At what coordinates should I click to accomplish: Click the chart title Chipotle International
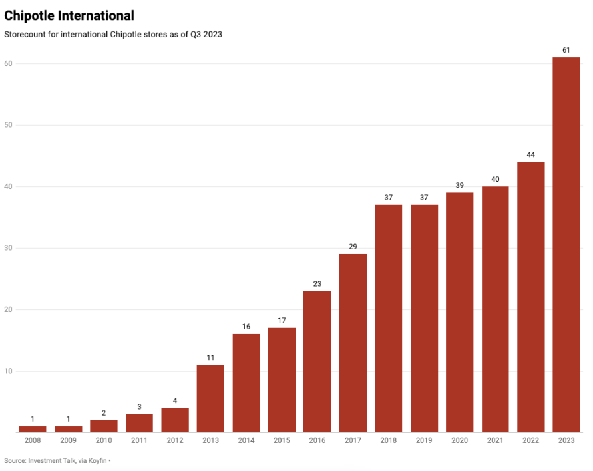(69, 15)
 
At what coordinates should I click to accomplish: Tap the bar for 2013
(210, 398)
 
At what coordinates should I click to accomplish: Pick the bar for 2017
(353, 343)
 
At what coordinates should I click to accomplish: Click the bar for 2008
(33, 429)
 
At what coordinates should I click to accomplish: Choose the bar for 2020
(459, 313)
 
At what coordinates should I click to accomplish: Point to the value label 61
(566, 50)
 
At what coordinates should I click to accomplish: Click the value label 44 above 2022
(530, 154)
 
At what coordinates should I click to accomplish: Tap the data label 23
(317, 284)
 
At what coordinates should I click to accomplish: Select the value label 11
(210, 358)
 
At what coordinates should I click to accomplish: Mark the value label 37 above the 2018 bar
(388, 198)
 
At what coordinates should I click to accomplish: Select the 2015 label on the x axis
(282, 440)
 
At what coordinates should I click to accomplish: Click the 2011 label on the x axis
(139, 440)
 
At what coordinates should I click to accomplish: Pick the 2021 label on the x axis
(495, 440)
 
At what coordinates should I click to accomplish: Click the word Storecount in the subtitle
(25, 35)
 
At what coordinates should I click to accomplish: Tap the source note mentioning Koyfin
(56, 460)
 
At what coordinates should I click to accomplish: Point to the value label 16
(246, 327)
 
